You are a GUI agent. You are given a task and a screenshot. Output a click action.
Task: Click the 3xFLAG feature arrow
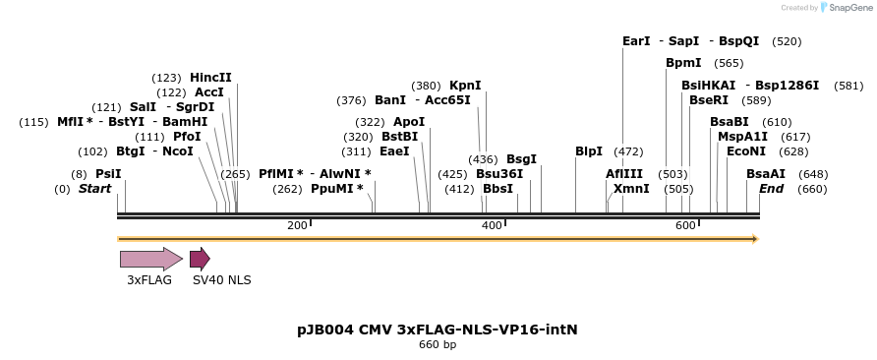pos(150,259)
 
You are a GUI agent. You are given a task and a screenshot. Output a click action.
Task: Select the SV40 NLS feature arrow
pos(200,259)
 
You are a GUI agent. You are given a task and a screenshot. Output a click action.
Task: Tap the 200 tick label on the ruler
pos(296,226)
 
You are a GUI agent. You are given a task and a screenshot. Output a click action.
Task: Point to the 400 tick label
pos(491,226)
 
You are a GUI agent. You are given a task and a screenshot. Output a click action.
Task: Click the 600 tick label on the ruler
pos(684,226)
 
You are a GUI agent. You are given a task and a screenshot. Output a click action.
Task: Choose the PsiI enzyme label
pos(108,173)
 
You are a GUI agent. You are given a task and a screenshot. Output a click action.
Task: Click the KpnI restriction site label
pos(465,86)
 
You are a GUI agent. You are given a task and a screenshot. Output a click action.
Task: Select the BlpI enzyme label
pos(589,151)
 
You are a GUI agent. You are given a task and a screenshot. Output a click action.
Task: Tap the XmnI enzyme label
pos(631,189)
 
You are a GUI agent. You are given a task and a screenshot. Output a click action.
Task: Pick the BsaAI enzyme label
pos(766,173)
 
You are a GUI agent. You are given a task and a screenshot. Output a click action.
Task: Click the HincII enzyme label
pos(210,78)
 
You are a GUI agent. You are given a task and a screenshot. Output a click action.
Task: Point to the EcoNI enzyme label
pos(745,151)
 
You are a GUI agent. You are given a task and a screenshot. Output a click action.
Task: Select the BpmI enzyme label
pos(683,63)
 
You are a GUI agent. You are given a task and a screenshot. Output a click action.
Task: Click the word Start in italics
pos(95,189)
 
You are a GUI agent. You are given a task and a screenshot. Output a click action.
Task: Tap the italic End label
pos(771,189)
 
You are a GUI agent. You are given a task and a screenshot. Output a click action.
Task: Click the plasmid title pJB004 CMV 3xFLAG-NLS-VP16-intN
pos(438,329)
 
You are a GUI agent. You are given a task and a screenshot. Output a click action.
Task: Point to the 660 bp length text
pos(438,345)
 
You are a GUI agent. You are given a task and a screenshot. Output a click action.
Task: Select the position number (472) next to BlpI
pos(628,151)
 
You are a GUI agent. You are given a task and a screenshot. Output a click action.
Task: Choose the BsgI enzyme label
pos(521,158)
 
